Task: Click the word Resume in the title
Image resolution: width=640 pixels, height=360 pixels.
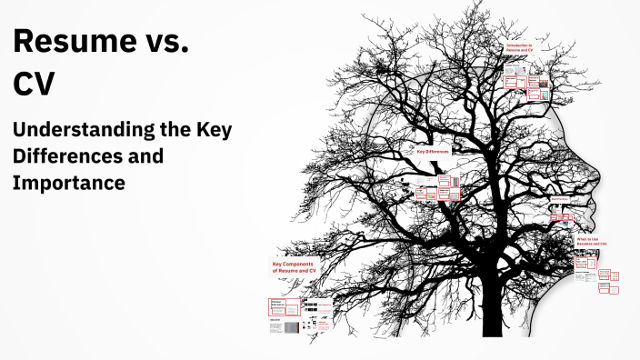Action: coord(68,42)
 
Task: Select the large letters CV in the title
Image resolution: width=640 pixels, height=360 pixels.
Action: coord(34,84)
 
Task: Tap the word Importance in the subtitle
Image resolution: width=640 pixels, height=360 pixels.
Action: coord(68,182)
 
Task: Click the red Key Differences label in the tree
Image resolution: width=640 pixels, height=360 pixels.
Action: coord(433,153)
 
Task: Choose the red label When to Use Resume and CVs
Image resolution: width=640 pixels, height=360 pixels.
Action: coord(592,242)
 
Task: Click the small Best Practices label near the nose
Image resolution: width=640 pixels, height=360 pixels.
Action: coord(560,199)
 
